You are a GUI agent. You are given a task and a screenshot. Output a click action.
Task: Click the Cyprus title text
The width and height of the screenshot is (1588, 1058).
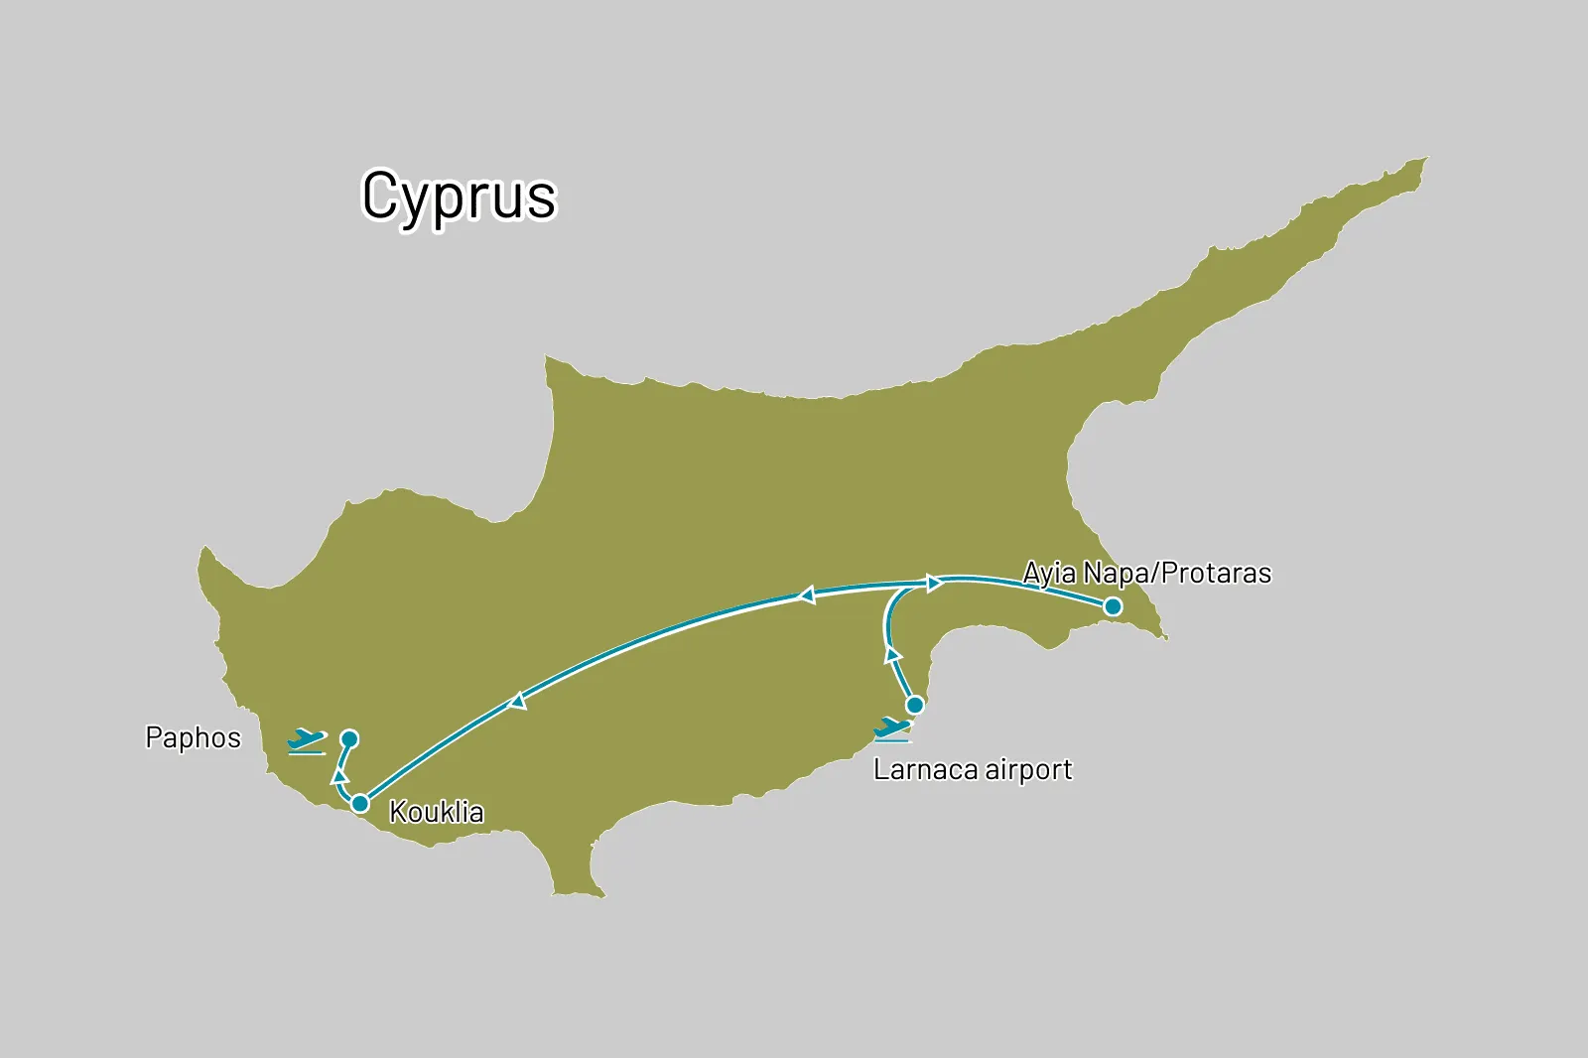[x=459, y=197]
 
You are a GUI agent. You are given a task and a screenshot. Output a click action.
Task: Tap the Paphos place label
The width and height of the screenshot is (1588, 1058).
[x=194, y=738]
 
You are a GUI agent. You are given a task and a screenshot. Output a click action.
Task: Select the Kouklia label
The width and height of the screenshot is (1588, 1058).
[x=437, y=812]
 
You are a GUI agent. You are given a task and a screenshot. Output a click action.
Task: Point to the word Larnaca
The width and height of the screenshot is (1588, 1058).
[x=925, y=770]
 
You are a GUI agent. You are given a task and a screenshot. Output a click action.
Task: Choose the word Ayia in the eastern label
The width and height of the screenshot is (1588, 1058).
[x=1049, y=574]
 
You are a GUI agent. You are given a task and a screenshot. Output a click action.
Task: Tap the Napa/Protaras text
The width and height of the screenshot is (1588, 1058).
[x=1177, y=574]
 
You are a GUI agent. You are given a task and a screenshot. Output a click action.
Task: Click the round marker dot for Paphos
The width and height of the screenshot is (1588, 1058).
[x=349, y=738]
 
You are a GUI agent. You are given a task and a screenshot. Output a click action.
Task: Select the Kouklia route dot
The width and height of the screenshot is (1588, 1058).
[x=360, y=803]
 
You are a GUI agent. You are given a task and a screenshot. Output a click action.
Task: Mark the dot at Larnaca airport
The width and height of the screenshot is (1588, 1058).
[x=915, y=705]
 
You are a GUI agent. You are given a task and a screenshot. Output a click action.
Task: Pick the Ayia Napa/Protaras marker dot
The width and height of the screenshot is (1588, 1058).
[x=1113, y=606]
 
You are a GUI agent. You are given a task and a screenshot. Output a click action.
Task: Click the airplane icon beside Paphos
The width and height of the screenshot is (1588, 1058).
[x=307, y=740]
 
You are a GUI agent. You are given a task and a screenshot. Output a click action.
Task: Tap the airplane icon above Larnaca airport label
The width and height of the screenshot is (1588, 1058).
[x=892, y=730]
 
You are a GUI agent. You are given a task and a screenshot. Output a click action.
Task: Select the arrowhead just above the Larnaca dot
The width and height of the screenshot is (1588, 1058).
[x=892, y=654]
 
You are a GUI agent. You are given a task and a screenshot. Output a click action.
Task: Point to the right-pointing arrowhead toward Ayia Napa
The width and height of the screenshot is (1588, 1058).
[x=934, y=584]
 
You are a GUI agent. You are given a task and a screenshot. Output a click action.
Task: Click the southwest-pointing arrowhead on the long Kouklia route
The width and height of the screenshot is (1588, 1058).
[x=517, y=701]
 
